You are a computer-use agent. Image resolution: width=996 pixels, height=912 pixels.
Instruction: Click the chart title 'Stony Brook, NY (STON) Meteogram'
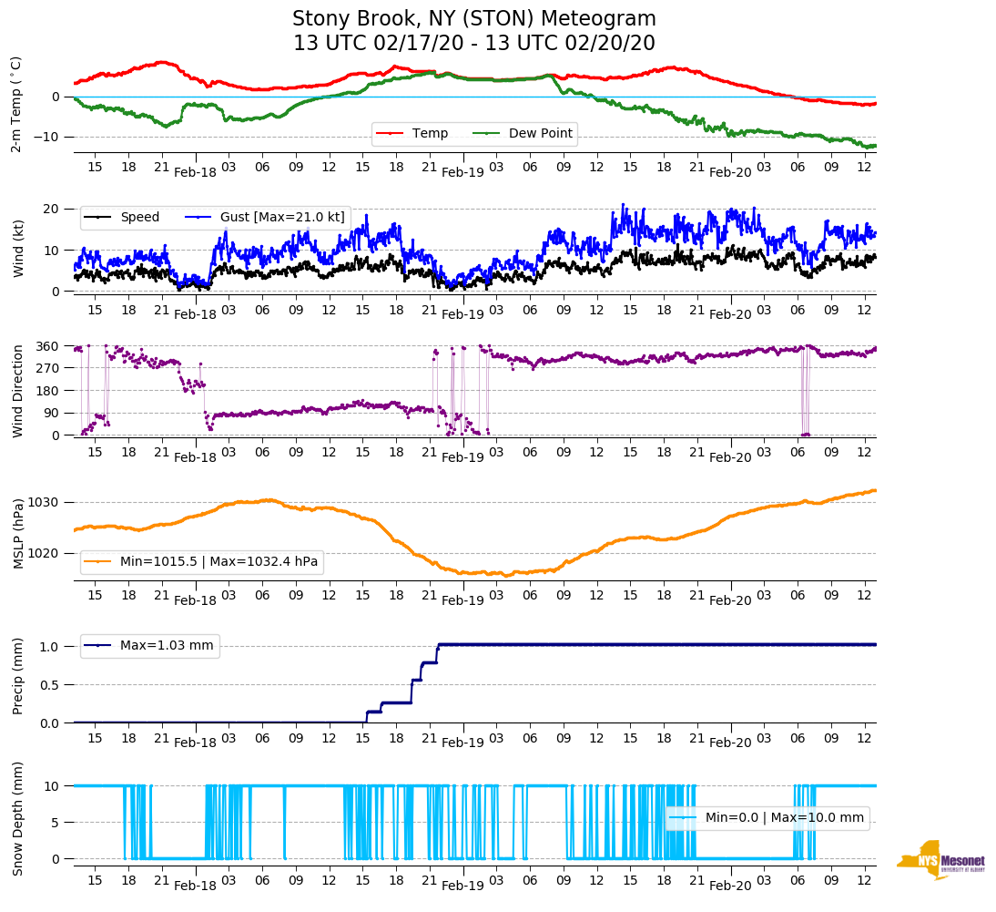473,19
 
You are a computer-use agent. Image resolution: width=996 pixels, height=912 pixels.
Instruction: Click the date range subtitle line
473,44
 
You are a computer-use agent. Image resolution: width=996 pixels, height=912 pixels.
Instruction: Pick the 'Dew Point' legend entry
540,134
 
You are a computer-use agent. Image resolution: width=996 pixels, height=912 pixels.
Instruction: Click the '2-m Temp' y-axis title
16,103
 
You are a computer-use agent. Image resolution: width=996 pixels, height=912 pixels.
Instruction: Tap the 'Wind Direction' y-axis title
18,390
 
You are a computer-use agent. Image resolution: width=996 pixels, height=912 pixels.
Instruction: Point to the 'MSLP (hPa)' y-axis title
18,533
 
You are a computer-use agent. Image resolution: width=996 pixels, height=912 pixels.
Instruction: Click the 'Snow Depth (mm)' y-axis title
18,818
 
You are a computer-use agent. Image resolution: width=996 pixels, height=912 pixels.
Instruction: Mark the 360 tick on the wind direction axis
49,346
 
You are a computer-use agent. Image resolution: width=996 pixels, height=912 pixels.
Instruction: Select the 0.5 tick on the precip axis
51,685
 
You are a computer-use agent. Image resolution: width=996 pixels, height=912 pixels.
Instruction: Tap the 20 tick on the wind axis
53,209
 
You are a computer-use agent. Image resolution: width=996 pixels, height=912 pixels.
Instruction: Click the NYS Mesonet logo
940,860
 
